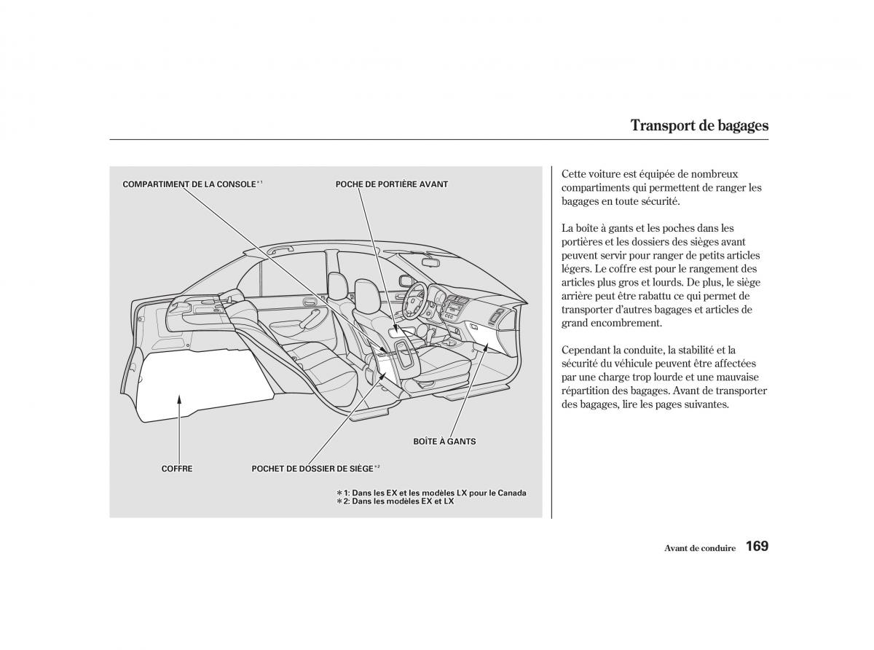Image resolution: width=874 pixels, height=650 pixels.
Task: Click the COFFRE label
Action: [177, 469]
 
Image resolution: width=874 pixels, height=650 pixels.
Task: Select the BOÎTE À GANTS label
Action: [444, 442]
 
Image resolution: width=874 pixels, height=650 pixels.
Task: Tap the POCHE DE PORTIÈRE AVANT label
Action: [391, 184]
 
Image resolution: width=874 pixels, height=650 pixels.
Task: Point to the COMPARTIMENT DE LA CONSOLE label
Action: [189, 184]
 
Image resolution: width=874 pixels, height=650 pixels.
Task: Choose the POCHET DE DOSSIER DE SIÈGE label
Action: [312, 469]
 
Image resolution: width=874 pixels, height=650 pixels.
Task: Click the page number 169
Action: [757, 547]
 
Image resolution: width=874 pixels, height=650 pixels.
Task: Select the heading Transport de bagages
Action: [699, 125]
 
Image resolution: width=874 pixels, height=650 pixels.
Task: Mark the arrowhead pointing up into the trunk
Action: [179, 396]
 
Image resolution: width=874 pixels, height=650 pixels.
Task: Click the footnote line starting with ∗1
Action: [431, 493]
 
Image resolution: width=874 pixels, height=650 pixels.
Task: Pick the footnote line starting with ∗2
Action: [395, 501]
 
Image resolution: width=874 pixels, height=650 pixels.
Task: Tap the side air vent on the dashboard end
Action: [497, 316]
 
